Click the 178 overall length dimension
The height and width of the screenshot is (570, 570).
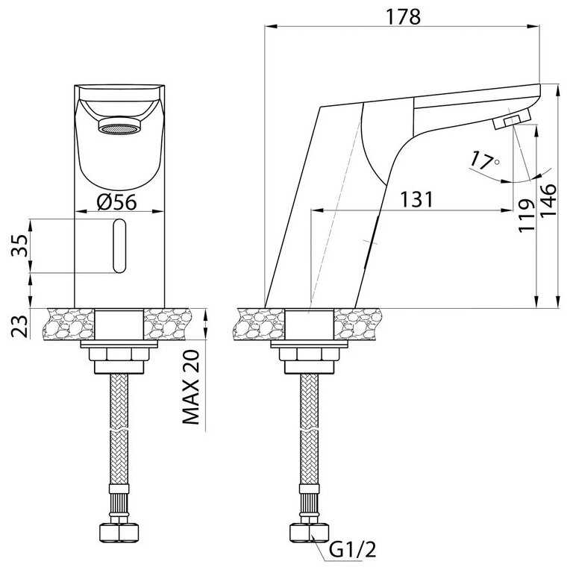point(404,16)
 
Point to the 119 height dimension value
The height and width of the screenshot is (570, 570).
point(527,215)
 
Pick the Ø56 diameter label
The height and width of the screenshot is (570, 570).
point(119,202)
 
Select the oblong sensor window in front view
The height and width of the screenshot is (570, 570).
point(119,246)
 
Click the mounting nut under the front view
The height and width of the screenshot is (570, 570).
point(119,356)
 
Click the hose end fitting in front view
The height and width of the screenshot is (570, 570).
point(119,531)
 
